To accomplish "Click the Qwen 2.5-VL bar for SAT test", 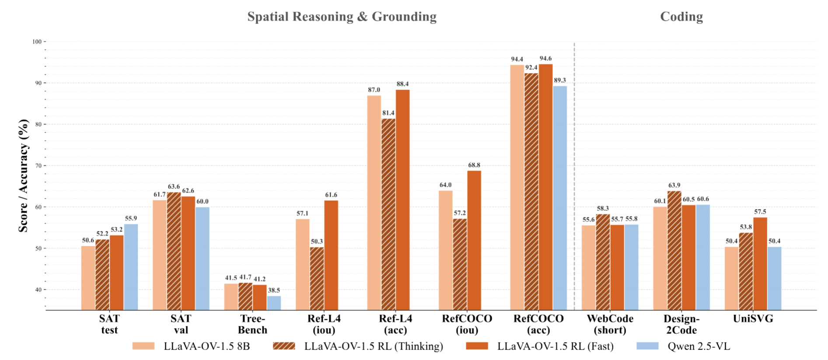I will [x=131, y=267].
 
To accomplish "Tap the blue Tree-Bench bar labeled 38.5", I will [x=274, y=303].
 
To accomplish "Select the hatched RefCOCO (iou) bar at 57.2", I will [x=460, y=264].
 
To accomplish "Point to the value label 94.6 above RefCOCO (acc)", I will [x=545, y=59].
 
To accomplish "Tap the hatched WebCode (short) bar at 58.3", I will [x=603, y=262].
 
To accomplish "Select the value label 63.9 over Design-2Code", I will [x=674, y=185].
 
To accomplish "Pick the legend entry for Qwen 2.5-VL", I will [x=698, y=346].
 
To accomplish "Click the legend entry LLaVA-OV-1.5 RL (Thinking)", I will [x=373, y=346].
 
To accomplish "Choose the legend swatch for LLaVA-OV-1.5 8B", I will [x=143, y=346].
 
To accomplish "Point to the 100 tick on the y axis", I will [x=37, y=42].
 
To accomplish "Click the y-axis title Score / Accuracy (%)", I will [x=23, y=175].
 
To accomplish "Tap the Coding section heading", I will [x=681, y=17].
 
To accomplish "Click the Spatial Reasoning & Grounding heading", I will [x=342, y=17].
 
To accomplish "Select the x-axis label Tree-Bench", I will [x=252, y=324].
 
